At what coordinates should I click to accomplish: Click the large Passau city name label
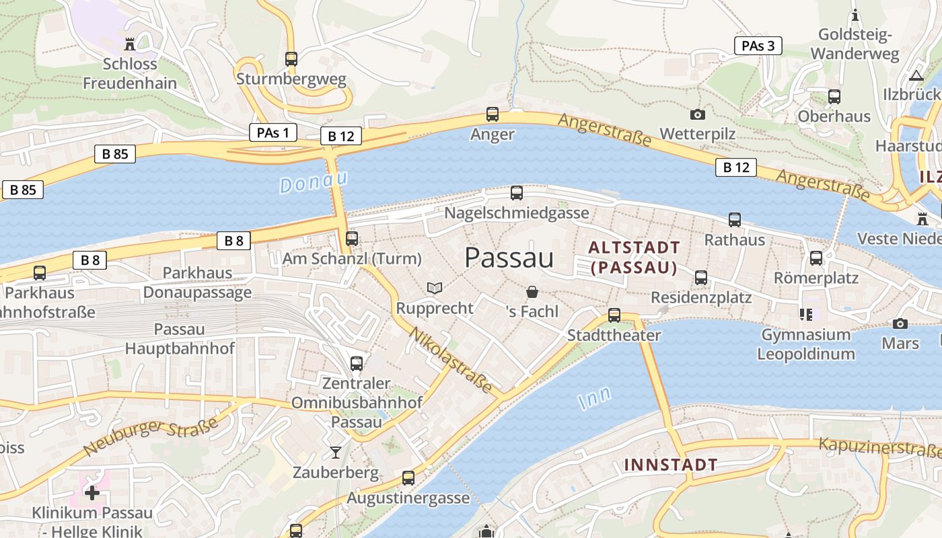point(509,258)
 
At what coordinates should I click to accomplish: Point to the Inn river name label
point(595,397)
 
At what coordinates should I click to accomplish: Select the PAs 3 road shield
point(758,46)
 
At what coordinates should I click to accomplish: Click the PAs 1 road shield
point(273,132)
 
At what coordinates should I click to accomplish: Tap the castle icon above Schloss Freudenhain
point(130,44)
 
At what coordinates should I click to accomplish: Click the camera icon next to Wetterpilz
point(698,114)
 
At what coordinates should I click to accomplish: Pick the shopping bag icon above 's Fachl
point(532,292)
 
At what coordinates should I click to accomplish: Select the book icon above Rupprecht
point(435,289)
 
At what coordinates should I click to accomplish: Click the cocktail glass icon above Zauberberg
point(336,452)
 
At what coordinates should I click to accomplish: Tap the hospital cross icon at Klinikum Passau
point(92,493)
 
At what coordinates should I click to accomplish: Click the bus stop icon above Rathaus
point(735,220)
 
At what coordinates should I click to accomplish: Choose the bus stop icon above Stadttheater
point(614,315)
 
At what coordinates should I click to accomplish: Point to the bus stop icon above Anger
point(493,114)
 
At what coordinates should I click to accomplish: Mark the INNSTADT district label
point(670,465)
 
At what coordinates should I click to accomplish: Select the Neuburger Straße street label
point(151,436)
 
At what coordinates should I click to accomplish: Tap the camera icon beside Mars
point(900,323)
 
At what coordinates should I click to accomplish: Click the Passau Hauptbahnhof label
point(180,339)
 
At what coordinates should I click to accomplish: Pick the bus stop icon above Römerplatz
point(816,258)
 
